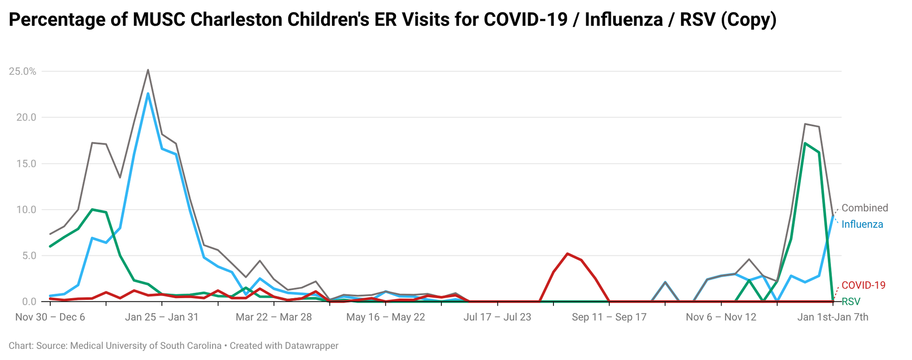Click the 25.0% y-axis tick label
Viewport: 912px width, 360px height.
pos(22,71)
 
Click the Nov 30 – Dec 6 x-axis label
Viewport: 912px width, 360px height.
pos(50,317)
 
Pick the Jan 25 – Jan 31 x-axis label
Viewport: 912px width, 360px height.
pos(161,317)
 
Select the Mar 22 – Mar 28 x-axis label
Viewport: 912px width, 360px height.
pos(274,317)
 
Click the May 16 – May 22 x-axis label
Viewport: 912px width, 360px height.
pos(385,317)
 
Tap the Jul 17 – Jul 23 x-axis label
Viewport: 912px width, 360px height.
pos(497,317)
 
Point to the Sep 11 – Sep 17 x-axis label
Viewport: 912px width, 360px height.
pos(609,317)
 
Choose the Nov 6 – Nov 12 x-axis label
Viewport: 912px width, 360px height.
pos(721,317)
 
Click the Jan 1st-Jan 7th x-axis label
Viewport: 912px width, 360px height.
pos(833,317)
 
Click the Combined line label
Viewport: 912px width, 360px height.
pos(864,208)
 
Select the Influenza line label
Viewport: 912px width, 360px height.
pos(862,224)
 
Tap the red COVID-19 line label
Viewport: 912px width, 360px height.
pos(864,285)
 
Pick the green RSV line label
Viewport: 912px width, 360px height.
pos(851,302)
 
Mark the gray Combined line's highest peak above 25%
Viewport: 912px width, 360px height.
pos(148,70)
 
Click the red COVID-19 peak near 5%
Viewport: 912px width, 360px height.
pos(567,254)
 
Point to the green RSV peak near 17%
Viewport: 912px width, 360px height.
pos(805,143)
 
